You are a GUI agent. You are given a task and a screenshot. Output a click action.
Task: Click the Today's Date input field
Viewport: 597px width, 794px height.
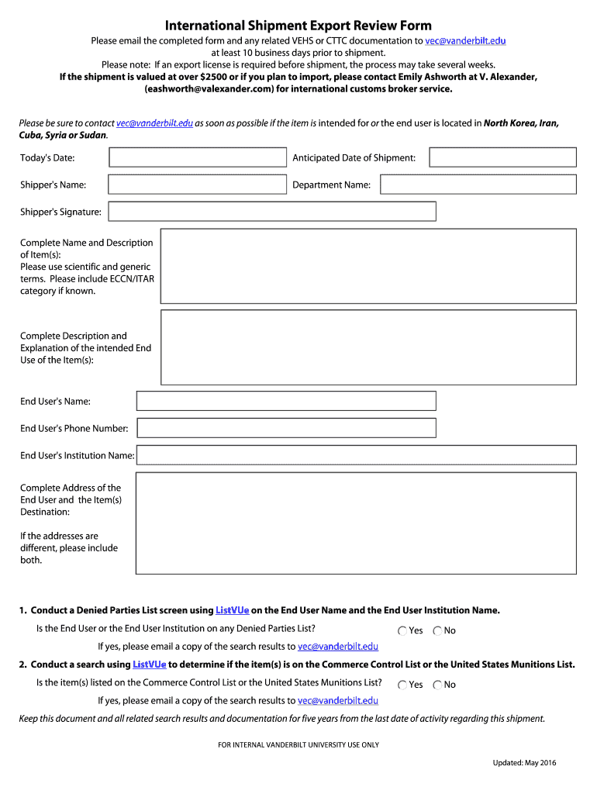click(x=198, y=157)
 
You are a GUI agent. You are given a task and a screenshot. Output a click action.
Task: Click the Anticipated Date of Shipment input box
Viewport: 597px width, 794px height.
click(x=502, y=157)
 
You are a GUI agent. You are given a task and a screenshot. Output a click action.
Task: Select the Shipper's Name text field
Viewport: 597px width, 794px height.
click(x=198, y=185)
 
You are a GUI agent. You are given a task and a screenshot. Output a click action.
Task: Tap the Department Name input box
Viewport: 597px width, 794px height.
click(x=478, y=185)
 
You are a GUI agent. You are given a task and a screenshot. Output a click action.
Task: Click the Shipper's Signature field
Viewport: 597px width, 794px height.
click(x=272, y=212)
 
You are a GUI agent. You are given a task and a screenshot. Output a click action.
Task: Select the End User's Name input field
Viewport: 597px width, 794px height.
click(x=286, y=401)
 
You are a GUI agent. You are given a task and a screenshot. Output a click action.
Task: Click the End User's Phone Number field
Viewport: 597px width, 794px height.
click(x=286, y=428)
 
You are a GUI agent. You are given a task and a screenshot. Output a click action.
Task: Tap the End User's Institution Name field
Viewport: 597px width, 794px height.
click(x=356, y=455)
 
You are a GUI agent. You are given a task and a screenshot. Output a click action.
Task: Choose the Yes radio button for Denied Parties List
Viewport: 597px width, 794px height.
click(x=402, y=631)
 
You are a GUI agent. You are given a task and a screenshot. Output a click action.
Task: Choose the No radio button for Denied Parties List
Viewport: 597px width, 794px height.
click(x=438, y=631)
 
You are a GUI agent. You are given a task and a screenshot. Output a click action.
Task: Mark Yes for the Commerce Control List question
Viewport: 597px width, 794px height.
click(x=402, y=685)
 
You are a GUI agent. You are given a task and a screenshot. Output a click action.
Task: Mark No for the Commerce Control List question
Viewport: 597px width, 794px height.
click(x=438, y=685)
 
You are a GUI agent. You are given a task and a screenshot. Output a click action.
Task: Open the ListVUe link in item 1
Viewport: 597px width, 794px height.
click(x=232, y=610)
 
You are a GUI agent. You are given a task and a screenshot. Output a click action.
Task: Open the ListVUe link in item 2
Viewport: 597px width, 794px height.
click(x=150, y=665)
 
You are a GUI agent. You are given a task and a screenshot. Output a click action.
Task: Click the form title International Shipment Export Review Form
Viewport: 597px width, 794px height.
click(x=298, y=26)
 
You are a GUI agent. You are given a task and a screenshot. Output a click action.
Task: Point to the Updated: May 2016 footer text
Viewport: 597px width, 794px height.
click(x=524, y=763)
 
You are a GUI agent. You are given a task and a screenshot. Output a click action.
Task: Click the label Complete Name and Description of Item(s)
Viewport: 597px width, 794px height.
click(x=87, y=249)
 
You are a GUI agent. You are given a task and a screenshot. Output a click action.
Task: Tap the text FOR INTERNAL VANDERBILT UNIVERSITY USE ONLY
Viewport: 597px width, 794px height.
click(x=298, y=745)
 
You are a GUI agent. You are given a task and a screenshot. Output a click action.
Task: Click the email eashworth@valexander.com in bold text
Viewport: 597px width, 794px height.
click(x=209, y=89)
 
